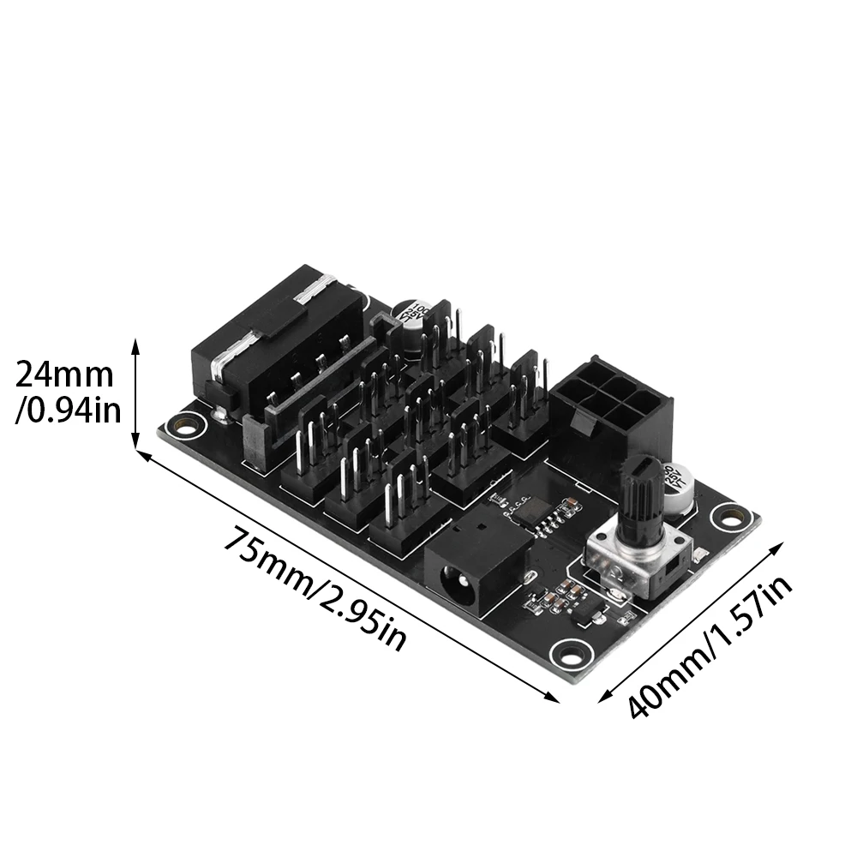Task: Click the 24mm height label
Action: click(64, 375)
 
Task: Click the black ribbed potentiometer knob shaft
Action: click(645, 496)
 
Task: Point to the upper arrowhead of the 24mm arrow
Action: click(135, 345)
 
